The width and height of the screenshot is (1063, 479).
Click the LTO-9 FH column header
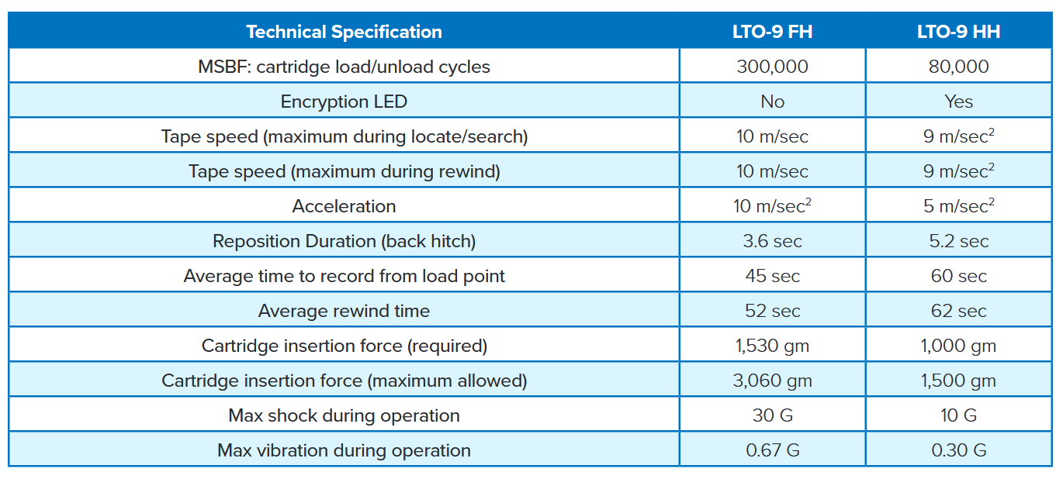(x=772, y=32)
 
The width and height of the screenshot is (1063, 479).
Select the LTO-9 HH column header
(x=958, y=32)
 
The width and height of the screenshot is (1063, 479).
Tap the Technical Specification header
(x=344, y=32)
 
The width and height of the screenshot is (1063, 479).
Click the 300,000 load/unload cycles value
(x=772, y=67)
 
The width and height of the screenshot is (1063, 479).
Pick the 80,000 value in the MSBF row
(x=958, y=67)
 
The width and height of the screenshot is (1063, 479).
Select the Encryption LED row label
(x=344, y=102)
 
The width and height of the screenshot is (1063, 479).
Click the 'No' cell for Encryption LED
(x=772, y=102)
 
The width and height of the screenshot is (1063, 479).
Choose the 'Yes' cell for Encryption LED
(x=958, y=102)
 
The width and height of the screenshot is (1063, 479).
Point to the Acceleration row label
(x=344, y=206)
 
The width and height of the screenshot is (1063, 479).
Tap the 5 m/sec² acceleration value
(x=958, y=206)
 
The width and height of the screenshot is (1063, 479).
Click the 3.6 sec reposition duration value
(x=772, y=241)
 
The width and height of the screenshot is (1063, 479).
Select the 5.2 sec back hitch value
(x=958, y=241)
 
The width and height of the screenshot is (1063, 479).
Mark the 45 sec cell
(x=772, y=276)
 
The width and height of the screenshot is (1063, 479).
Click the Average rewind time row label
(x=344, y=311)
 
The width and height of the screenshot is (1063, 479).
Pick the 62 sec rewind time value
(x=958, y=311)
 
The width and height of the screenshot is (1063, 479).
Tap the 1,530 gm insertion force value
(x=772, y=346)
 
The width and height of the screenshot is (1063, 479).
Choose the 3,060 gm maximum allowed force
(x=772, y=381)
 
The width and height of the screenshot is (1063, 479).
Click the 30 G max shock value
(x=772, y=415)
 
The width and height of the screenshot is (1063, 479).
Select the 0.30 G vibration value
(x=958, y=450)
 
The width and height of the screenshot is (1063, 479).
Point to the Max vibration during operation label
(x=344, y=450)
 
